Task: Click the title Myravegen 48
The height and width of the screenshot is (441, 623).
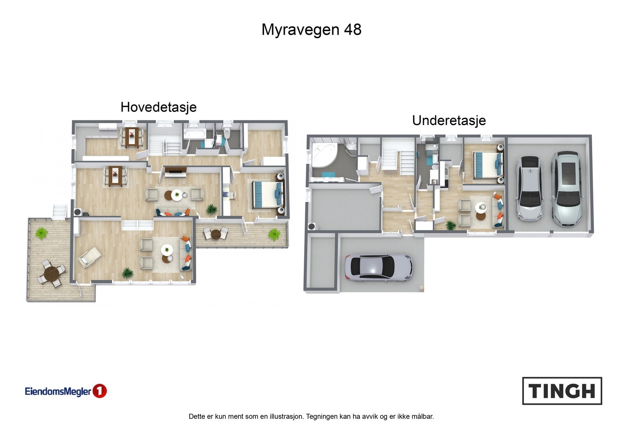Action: click(x=311, y=30)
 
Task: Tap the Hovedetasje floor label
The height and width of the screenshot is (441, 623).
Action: click(x=158, y=107)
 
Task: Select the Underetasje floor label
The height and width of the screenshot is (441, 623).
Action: click(x=449, y=120)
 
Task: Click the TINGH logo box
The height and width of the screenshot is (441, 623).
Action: click(x=562, y=391)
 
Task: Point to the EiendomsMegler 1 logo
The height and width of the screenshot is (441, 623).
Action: click(x=65, y=391)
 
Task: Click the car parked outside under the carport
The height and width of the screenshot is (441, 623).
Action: click(x=378, y=268)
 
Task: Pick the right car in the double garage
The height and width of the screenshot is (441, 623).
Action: click(x=568, y=189)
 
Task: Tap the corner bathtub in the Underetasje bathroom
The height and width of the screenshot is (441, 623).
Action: click(x=324, y=155)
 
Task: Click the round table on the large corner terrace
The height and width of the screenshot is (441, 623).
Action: click(x=51, y=273)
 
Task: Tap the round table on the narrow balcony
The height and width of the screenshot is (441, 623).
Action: click(x=216, y=234)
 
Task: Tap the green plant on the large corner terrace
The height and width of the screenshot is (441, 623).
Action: click(x=41, y=233)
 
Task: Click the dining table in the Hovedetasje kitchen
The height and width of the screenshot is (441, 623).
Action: click(x=132, y=137)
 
